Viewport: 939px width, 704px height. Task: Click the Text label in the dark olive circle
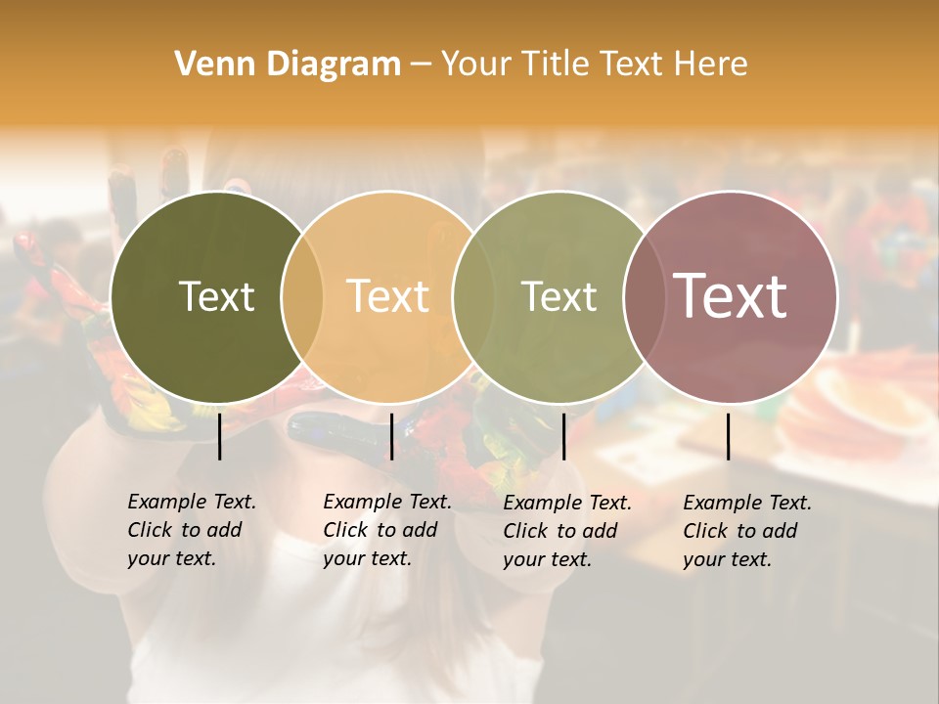[x=216, y=296]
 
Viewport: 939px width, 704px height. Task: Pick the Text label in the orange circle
[x=387, y=296]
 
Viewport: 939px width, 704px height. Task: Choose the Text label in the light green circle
[x=559, y=296]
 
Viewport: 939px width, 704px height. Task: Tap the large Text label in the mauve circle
[x=730, y=296]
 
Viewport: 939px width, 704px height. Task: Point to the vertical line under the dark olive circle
[x=220, y=436]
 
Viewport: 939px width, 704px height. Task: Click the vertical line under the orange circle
[x=391, y=436]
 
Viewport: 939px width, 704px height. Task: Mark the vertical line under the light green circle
[x=563, y=436]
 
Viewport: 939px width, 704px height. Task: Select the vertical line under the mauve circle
[x=729, y=436]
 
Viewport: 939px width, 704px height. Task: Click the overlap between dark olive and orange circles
[x=302, y=296]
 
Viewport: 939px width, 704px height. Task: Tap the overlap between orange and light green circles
[x=470, y=296]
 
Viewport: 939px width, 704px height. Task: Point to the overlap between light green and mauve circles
[x=642, y=296]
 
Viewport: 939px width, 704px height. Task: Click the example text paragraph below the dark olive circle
[x=191, y=530]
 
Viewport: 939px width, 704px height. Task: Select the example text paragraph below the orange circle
[x=386, y=530]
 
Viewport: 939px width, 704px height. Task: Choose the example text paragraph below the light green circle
[x=566, y=531]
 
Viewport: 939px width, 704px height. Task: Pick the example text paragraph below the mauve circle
[x=746, y=531]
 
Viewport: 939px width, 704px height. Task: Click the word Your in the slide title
[x=475, y=65]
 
